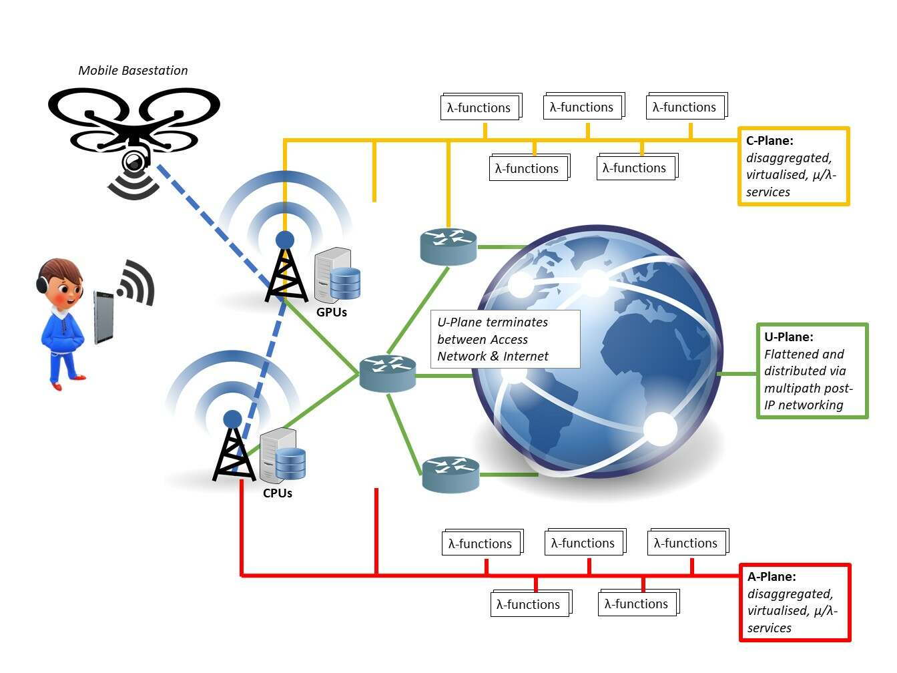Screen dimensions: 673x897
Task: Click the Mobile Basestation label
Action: tap(133, 70)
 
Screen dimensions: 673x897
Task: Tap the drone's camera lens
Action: tap(133, 162)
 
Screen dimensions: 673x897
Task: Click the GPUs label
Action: tap(332, 312)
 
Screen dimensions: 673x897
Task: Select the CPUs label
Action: tap(278, 493)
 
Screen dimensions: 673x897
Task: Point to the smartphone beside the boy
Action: tap(103, 317)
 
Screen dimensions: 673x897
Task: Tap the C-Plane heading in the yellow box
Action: tap(770, 141)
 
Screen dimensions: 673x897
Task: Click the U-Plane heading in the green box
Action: tap(788, 337)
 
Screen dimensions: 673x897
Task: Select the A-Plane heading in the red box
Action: tap(772, 577)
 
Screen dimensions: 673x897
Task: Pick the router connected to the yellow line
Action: tap(448, 246)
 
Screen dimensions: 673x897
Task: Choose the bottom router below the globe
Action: tap(451, 474)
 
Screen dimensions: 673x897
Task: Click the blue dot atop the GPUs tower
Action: tap(285, 240)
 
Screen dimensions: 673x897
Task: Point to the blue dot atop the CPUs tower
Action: tap(232, 419)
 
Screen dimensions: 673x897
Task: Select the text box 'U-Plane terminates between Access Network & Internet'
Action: tap(505, 339)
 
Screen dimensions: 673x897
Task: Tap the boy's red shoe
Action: tap(57, 385)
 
